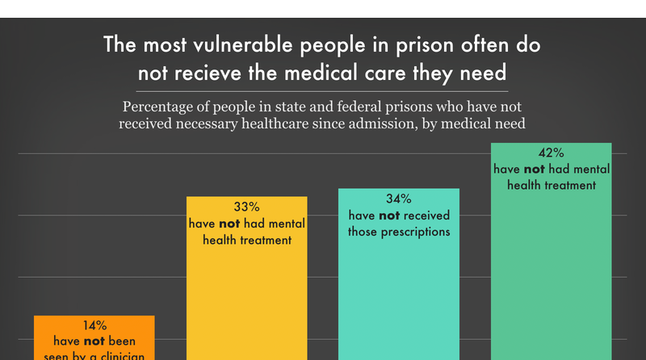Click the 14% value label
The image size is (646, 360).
coord(94,325)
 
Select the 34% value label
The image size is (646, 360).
coord(398,199)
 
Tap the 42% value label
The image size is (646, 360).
coord(551,153)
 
